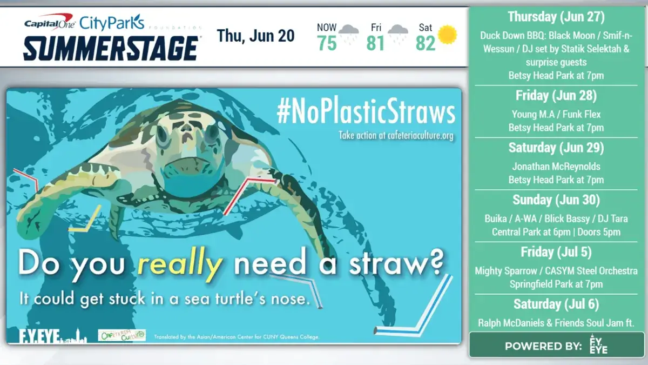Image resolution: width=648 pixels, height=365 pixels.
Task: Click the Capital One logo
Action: pyautogui.click(x=49, y=23)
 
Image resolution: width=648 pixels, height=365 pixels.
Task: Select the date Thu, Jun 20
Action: pyautogui.click(x=256, y=36)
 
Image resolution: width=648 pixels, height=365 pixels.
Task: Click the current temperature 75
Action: pyautogui.click(x=327, y=43)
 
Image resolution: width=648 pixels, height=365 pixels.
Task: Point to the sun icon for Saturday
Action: pyautogui.click(x=447, y=35)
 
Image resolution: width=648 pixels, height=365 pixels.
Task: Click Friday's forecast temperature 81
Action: pyautogui.click(x=375, y=43)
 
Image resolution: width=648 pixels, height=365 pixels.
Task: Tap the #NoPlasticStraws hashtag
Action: pyautogui.click(x=366, y=112)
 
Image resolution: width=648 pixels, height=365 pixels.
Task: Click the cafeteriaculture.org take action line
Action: pyautogui.click(x=396, y=135)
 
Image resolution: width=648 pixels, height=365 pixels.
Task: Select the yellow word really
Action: pyautogui.click(x=180, y=264)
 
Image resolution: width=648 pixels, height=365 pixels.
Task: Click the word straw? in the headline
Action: pyautogui.click(x=399, y=264)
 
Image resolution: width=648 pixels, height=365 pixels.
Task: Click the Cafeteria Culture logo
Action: pyautogui.click(x=122, y=335)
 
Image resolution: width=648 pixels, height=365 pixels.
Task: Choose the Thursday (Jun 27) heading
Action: pyautogui.click(x=556, y=17)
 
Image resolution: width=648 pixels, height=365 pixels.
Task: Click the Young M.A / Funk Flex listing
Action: pyautogui.click(x=556, y=115)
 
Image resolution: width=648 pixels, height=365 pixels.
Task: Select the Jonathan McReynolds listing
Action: pyautogui.click(x=556, y=167)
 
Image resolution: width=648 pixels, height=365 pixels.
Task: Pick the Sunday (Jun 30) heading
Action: pyautogui.click(x=556, y=200)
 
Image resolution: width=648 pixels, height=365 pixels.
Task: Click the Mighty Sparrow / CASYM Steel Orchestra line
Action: pyautogui.click(x=556, y=271)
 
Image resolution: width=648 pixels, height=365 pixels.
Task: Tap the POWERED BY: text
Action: pyautogui.click(x=543, y=346)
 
